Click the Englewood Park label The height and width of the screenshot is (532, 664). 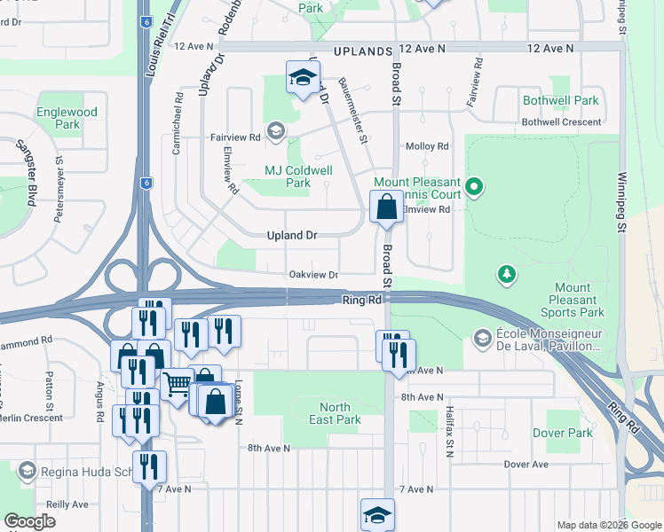tap(67, 119)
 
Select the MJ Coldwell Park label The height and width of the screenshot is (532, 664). tap(298, 176)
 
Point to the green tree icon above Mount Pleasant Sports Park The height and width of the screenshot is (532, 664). tap(507, 274)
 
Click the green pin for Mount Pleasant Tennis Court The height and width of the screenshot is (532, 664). tap(474, 186)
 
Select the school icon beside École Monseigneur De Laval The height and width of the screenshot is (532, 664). tap(482, 337)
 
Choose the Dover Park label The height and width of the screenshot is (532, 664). tap(562, 433)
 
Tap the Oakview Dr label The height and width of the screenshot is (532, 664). tap(313, 276)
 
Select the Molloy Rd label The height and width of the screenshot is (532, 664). tap(426, 146)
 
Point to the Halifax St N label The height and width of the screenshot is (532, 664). tap(450, 430)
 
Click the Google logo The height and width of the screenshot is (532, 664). tap(30, 521)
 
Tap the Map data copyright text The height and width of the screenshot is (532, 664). tap(608, 525)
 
